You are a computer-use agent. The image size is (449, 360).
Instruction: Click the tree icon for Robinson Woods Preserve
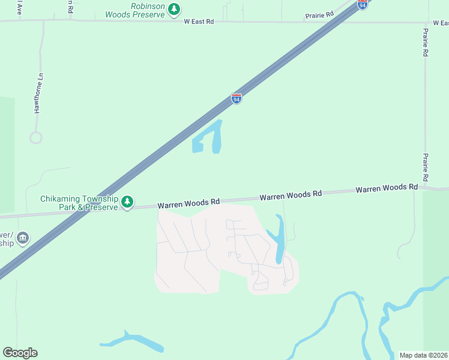click(x=174, y=9)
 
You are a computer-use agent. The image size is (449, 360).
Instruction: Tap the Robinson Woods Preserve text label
click(x=134, y=10)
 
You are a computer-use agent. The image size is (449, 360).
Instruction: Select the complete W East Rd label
click(x=199, y=22)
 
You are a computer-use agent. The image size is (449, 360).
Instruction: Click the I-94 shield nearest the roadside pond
click(x=237, y=99)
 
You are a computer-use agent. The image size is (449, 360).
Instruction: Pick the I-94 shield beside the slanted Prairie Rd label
click(x=362, y=4)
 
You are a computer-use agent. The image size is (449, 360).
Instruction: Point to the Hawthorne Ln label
click(x=39, y=94)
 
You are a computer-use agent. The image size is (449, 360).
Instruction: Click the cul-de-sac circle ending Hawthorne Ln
click(x=35, y=137)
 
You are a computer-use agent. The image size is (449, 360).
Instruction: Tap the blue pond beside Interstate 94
click(x=210, y=138)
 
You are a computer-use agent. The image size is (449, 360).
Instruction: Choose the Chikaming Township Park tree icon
click(x=127, y=202)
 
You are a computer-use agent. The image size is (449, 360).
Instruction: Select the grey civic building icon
click(x=23, y=238)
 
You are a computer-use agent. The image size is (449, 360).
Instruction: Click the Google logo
click(x=20, y=353)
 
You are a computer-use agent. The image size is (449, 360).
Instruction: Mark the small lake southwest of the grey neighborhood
click(x=133, y=341)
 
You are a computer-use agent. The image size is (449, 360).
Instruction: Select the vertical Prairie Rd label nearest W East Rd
click(x=425, y=43)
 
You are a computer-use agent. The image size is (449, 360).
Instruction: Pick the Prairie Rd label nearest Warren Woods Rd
click(x=425, y=168)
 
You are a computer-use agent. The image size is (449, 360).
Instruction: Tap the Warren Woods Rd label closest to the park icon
click(x=189, y=204)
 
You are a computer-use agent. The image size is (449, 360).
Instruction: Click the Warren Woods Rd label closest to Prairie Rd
click(x=387, y=188)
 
